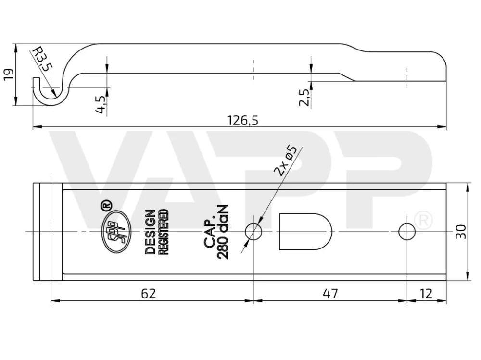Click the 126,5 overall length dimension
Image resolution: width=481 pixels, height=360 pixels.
tap(242, 121)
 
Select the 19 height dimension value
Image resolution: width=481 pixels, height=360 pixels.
tap(9, 74)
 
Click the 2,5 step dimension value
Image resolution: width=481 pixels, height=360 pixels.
tap(304, 98)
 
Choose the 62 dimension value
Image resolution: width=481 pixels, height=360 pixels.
tap(149, 294)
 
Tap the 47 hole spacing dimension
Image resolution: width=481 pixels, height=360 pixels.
tap(330, 294)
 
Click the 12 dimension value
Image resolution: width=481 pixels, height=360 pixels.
tap(426, 294)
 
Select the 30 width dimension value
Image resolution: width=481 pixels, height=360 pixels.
tap(461, 232)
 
